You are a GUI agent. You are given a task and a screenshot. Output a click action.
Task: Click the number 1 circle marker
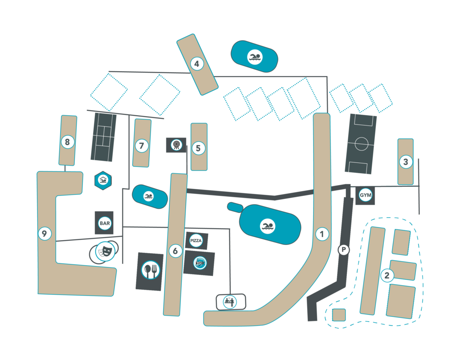pyautogui.click(x=321, y=234)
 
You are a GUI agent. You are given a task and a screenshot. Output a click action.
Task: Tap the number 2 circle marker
pyautogui.click(x=387, y=275)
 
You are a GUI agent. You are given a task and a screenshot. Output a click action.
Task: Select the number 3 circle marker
pyautogui.click(x=405, y=162)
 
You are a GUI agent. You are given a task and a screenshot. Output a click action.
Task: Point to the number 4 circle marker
pyautogui.click(x=196, y=64)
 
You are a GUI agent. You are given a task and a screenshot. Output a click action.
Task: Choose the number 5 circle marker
pyautogui.click(x=198, y=148)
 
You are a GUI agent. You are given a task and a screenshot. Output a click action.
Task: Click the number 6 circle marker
pyautogui.click(x=175, y=251)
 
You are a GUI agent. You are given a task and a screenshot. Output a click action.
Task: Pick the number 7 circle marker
pyautogui.click(x=142, y=146)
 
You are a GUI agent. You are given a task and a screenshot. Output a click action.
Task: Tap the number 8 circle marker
pyautogui.click(x=67, y=142)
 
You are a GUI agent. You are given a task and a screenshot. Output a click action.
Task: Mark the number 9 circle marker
pyautogui.click(x=44, y=233)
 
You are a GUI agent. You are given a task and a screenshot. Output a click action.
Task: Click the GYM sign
pyautogui.click(x=365, y=195)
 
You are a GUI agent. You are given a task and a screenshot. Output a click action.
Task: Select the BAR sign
pyautogui.click(x=105, y=222)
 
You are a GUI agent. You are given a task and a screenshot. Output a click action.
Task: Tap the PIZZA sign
pyautogui.click(x=196, y=241)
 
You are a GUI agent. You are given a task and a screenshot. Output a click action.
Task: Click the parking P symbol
pyautogui.click(x=343, y=250)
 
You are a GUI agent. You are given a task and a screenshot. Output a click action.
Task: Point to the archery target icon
pyautogui.click(x=176, y=145)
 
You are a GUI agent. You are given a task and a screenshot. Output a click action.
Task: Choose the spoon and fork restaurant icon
pyautogui.click(x=150, y=271)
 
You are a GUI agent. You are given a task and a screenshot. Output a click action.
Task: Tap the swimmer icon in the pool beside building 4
pyautogui.click(x=255, y=57)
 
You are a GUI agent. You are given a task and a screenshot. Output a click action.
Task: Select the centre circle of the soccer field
pyautogui.click(x=361, y=144)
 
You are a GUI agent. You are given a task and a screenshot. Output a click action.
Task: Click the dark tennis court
pyautogui.click(x=104, y=137)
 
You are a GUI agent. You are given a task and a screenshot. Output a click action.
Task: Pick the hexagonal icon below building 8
pyautogui.click(x=103, y=180)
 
